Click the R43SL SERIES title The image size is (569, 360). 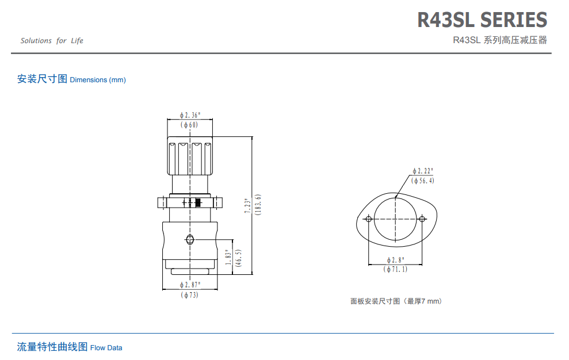pyautogui.click(x=482, y=20)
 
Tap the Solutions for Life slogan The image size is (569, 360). pyautogui.click(x=52, y=41)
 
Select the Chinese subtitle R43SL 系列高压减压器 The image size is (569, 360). pyautogui.click(x=499, y=40)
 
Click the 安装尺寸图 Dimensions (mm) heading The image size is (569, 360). pyautogui.click(x=71, y=79)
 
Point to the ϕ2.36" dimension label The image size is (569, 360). pyautogui.click(x=190, y=115)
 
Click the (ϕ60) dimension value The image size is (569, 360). pyautogui.click(x=189, y=125)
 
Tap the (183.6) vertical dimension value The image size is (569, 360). pyautogui.click(x=258, y=205)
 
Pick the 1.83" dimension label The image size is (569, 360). pyautogui.click(x=228, y=257)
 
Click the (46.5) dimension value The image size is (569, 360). pyautogui.click(x=238, y=257)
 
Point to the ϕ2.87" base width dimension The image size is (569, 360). pyautogui.click(x=190, y=285)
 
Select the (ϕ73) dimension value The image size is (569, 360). pyautogui.click(x=190, y=295)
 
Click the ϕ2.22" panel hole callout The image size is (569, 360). pyautogui.click(x=423, y=171)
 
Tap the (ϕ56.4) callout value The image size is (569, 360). pyautogui.click(x=423, y=181)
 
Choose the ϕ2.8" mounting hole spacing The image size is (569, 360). pyautogui.click(x=396, y=260)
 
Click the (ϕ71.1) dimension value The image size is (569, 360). pyautogui.click(x=396, y=269)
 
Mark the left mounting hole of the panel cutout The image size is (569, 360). pyautogui.click(x=369, y=219)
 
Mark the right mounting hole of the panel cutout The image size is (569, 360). pyautogui.click(x=422, y=219)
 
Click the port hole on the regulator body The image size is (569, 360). pyautogui.click(x=190, y=240)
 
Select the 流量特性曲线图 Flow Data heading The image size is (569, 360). pyautogui.click(x=70, y=347)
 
